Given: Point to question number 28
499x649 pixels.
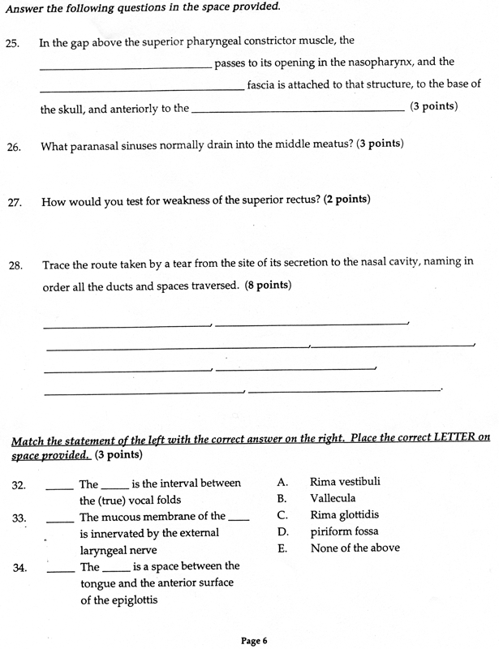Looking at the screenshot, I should (x=15, y=264).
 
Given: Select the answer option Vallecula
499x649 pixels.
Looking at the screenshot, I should (x=332, y=498).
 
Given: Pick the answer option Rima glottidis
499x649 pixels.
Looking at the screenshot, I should (x=344, y=515).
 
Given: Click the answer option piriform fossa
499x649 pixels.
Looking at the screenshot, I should (x=343, y=531).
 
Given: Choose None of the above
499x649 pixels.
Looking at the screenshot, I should (x=355, y=548).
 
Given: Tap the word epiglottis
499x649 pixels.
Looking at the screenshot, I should (x=130, y=600).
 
